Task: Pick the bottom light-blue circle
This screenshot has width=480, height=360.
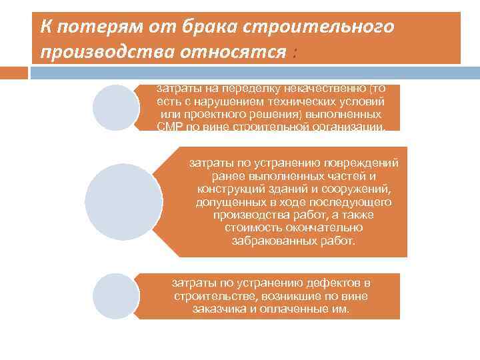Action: click(115, 296)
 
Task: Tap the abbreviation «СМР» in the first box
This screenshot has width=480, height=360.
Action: click(170, 127)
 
